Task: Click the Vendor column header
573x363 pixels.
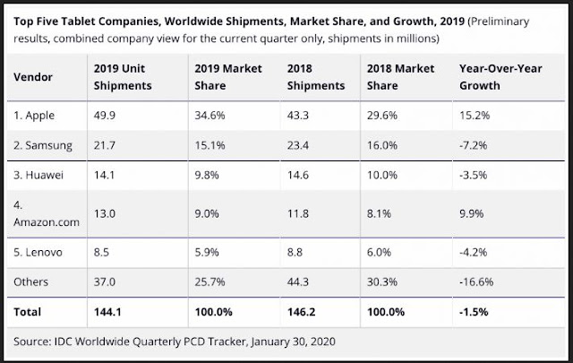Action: [x=39, y=76]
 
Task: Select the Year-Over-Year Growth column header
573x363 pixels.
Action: [x=492, y=76]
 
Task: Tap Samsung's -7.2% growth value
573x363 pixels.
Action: [x=473, y=145]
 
